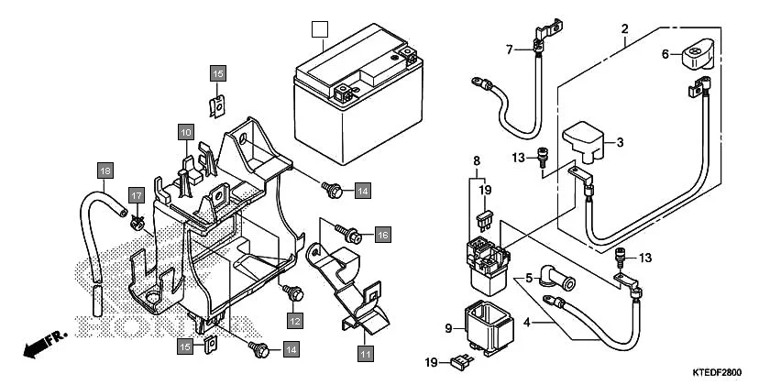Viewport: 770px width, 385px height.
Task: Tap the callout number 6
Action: tap(666, 54)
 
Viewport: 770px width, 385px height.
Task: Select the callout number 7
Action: tap(509, 49)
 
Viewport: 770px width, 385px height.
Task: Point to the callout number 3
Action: tap(619, 142)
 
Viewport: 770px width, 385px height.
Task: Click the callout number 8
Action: tap(477, 160)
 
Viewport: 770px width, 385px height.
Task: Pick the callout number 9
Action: tap(449, 327)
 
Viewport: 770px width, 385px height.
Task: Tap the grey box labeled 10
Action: tap(185, 132)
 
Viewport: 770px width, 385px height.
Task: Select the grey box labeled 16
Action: tap(382, 235)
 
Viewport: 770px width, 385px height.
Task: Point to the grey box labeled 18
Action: tap(105, 170)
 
